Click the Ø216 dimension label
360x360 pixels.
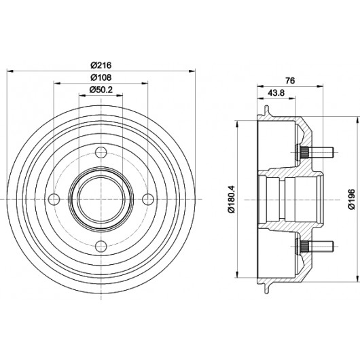coord(101,65)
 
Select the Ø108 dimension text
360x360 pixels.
coord(101,77)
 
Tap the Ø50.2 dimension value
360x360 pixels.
coord(101,90)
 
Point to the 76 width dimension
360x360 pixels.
coord(290,81)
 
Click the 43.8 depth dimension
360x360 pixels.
coord(276,93)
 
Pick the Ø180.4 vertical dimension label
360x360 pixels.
coord(232,199)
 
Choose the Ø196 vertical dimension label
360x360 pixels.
coord(351,199)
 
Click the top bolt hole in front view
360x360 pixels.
coord(101,152)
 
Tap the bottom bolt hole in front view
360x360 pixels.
coord(101,247)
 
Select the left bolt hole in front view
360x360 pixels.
coord(54,199)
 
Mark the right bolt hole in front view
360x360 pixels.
coord(148,199)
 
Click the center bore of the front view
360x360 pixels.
coord(101,199)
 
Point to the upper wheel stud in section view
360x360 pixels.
coord(315,152)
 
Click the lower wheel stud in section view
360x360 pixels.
coord(315,247)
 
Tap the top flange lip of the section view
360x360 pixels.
coord(266,111)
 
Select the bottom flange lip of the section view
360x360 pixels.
coord(266,288)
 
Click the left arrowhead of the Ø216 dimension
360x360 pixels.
coord(11,71)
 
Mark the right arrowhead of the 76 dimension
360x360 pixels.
coord(320,86)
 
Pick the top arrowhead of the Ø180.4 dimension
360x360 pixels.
coord(237,124)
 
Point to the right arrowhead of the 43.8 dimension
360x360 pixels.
coord(292,98)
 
